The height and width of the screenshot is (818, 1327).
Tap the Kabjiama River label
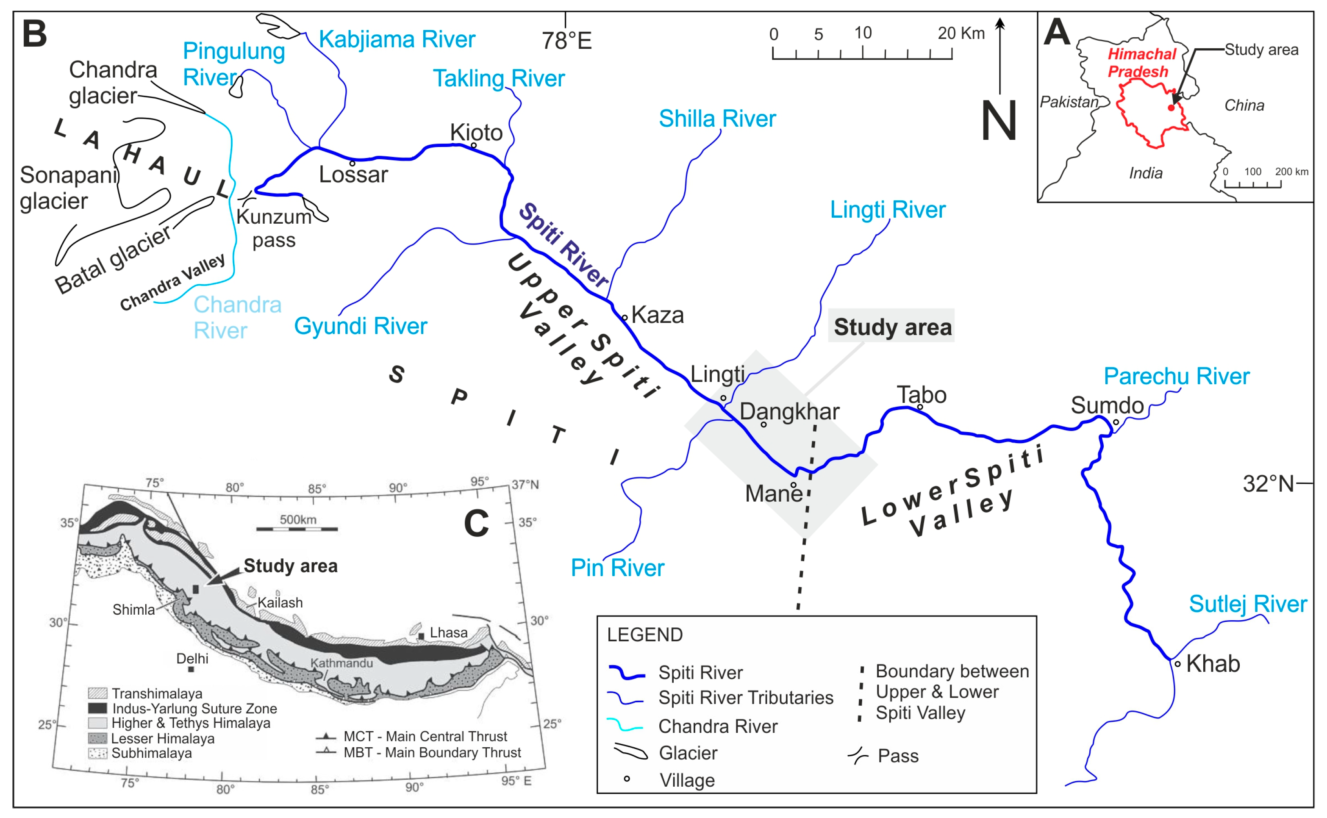(397, 39)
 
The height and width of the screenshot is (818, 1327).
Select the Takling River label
(498, 78)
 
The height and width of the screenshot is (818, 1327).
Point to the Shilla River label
(717, 119)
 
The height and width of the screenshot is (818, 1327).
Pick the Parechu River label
(1176, 376)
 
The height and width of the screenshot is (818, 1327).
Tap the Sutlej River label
(1247, 604)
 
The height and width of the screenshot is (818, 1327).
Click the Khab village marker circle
(1177, 664)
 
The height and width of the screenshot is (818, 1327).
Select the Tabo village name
(921, 395)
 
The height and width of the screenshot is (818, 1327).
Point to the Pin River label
(617, 568)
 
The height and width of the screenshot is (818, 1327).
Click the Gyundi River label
(360, 326)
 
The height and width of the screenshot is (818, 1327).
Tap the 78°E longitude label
(566, 41)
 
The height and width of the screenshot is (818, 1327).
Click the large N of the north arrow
(999, 121)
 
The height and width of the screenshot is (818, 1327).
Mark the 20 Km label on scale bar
(961, 33)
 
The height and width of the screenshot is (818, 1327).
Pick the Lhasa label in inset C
(448, 632)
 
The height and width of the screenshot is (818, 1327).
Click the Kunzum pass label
(274, 228)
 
